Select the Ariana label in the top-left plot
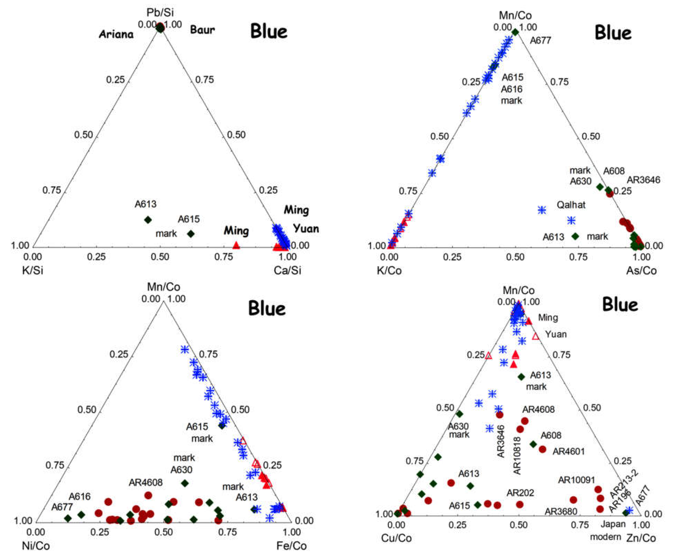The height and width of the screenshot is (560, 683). [x=116, y=34]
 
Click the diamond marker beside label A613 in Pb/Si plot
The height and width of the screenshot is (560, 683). [x=148, y=220]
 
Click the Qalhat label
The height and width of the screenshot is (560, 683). [x=571, y=205]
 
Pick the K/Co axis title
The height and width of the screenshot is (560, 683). [x=389, y=270]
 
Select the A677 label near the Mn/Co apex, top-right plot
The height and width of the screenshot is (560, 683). [x=540, y=41]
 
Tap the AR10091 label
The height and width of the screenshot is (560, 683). [x=577, y=480]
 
